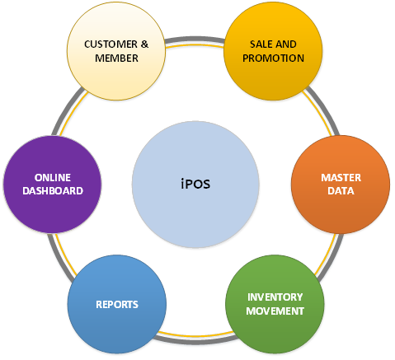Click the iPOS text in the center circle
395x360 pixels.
(x=195, y=184)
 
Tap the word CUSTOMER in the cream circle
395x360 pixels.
(x=111, y=44)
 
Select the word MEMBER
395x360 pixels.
(x=116, y=58)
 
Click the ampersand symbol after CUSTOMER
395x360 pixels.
(x=144, y=44)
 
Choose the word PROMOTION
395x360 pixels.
(x=273, y=58)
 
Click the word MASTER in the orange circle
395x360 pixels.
(x=341, y=178)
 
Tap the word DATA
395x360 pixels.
(x=341, y=191)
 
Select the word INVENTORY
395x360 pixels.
(x=275, y=297)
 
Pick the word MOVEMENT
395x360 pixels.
(x=275, y=311)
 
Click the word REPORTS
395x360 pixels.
(x=117, y=305)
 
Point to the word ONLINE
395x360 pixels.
(x=53, y=178)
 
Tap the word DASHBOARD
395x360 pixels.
(x=53, y=191)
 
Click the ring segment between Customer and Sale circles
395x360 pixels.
(x=195, y=40)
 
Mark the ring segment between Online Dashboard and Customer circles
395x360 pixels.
(x=68, y=109)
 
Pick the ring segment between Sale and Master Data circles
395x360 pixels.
(x=322, y=109)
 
